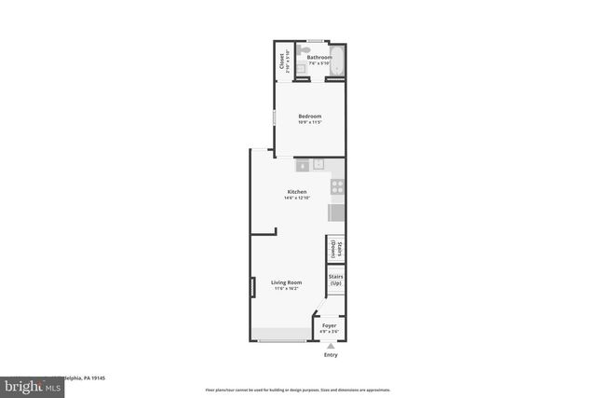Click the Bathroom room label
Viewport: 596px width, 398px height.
pos(319,57)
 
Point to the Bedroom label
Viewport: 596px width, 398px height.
pos(309,116)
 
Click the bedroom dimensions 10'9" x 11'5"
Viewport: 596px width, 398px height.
pos(309,122)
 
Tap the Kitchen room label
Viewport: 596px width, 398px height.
pos(296,191)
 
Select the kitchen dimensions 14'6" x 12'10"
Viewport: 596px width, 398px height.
pos(296,198)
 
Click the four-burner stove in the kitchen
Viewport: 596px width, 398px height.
pos(337,185)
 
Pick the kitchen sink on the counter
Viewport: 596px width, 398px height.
pos(318,165)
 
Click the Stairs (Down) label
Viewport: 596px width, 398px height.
pos(336,250)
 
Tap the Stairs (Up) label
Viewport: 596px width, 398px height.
pos(336,280)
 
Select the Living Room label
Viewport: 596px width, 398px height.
pos(286,281)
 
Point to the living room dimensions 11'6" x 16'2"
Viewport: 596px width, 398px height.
pos(286,288)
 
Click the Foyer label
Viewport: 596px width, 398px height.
pos(330,324)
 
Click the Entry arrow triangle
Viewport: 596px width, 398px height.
pos(330,345)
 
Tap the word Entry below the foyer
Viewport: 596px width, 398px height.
pos(330,354)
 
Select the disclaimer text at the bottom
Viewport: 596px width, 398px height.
pos(298,390)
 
